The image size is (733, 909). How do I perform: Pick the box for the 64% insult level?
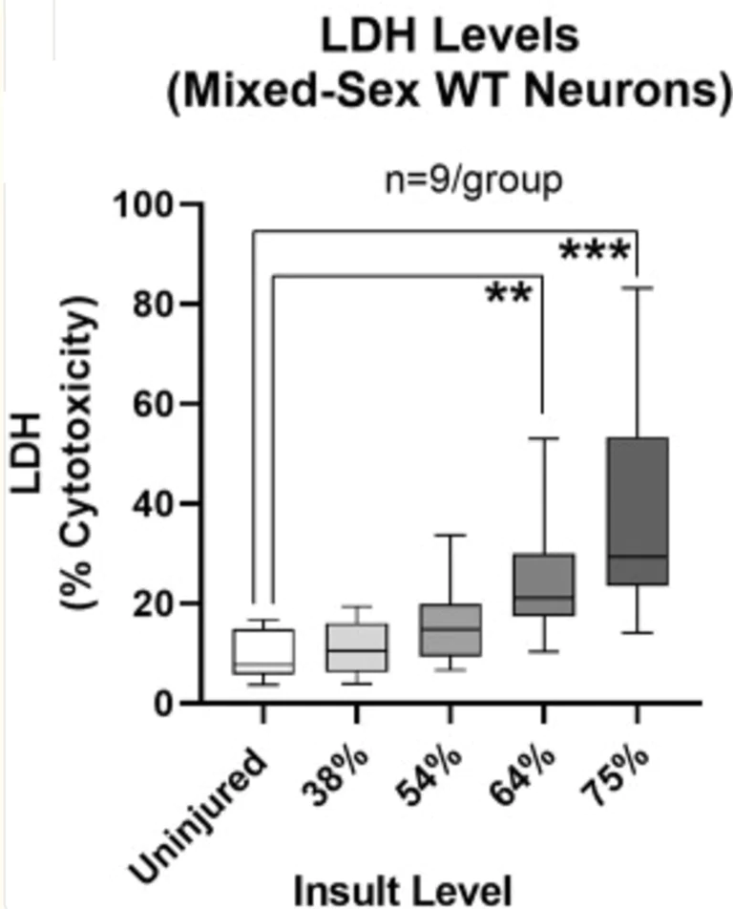542,584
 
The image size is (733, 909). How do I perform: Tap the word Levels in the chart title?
516,38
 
